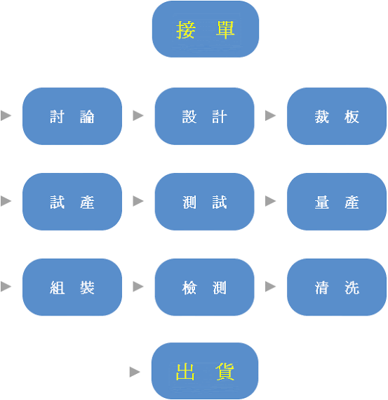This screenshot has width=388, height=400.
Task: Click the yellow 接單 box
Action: click(206, 29)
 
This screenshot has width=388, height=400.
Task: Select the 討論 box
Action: click(72, 116)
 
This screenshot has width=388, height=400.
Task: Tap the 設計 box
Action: click(204, 116)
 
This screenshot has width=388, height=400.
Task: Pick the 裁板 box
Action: click(337, 116)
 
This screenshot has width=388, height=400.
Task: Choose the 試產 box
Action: click(72, 202)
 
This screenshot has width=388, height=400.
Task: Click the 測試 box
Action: click(204, 202)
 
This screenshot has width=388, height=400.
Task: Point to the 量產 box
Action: click(337, 202)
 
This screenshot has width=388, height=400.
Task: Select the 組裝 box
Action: click(72, 287)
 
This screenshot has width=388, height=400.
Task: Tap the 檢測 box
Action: click(204, 287)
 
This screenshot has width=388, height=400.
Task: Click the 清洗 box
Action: click(337, 287)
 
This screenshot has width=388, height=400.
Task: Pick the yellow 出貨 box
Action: click(205, 371)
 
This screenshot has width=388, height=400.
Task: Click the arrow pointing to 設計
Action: click(138, 115)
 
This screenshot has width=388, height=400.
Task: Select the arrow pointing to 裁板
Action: click(270, 115)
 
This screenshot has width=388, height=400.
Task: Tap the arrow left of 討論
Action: click(6, 115)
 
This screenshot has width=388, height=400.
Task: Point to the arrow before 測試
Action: click(138, 201)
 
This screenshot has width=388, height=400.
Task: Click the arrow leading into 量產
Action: click(270, 201)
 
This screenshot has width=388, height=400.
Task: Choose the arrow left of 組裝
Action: click(6, 287)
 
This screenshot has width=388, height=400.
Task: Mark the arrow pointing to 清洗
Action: click(270, 287)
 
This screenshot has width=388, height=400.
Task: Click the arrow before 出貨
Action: click(135, 372)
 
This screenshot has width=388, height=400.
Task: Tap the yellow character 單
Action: click(225, 30)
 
